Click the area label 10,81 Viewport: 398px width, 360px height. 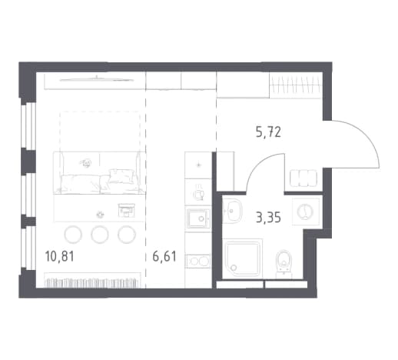pos(59,256)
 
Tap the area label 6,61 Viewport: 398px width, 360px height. pos(164,256)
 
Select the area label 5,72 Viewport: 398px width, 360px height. pos(268,132)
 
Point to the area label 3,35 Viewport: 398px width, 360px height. pos(268,218)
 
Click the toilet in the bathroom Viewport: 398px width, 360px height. pos(284,264)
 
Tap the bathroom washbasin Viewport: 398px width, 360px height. pos(232,211)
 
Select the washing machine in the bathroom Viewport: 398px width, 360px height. pos(306,212)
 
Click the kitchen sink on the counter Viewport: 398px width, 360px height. pos(198,218)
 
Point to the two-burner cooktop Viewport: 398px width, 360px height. pos(198,262)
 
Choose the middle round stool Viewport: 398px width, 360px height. pos(100,235)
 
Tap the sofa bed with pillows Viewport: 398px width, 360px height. pos(100,173)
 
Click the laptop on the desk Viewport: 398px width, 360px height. pos(126,210)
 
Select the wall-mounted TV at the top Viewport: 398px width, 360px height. pos(97,79)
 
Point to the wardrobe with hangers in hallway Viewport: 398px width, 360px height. pos(295,85)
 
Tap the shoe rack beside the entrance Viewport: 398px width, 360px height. pos(303,178)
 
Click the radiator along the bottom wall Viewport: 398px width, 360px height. pos(92,283)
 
